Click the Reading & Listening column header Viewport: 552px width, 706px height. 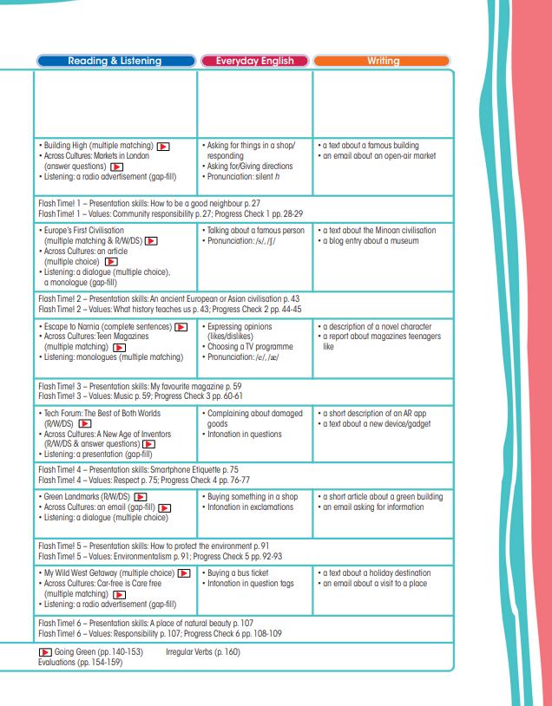(x=115, y=62)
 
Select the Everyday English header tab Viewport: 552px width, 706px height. (x=254, y=62)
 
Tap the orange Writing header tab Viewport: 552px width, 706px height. (x=382, y=62)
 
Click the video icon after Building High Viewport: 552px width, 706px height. (x=162, y=147)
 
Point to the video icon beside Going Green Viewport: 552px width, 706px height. (x=45, y=650)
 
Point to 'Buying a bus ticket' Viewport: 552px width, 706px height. (x=238, y=573)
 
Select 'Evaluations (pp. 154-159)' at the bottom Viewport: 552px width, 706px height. (x=81, y=662)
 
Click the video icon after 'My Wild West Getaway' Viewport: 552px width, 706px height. (x=184, y=574)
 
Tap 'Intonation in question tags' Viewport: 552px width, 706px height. (x=251, y=584)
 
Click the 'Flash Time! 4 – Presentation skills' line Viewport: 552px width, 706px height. (x=138, y=468)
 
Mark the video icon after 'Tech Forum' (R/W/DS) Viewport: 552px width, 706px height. (x=85, y=424)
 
